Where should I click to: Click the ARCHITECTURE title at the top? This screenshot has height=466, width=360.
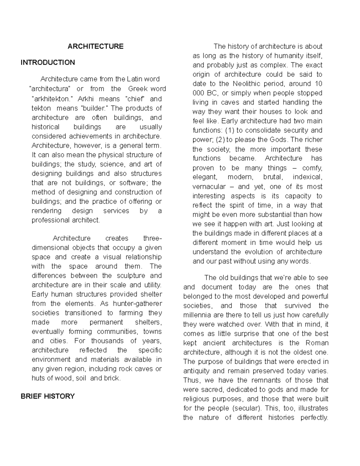(x=95, y=47)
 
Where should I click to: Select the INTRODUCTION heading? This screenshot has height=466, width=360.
(x=48, y=62)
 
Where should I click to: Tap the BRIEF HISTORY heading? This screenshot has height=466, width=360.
(x=47, y=396)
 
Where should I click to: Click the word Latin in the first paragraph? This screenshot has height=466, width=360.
(x=135, y=79)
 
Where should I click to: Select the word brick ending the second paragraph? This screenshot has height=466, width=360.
(x=112, y=378)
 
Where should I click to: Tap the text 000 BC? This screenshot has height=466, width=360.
(x=203, y=93)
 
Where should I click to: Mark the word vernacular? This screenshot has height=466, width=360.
(x=209, y=186)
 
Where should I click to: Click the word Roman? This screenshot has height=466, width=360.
(x=317, y=343)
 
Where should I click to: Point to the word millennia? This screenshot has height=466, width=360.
(x=198, y=315)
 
